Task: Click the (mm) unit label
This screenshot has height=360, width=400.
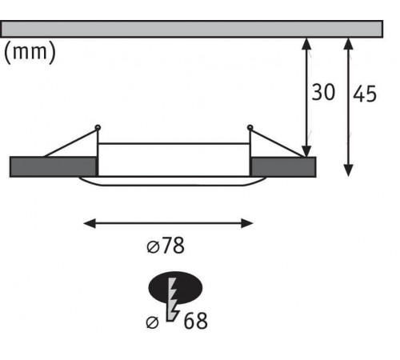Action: [30, 52]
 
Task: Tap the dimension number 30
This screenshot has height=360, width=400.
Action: [323, 92]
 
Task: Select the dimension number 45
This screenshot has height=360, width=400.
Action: [365, 94]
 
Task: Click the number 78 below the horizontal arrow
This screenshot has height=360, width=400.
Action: [173, 246]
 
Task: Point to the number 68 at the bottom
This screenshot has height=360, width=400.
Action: [195, 321]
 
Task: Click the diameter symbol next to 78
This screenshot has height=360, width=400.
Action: [154, 247]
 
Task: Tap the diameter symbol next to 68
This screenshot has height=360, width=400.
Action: [152, 322]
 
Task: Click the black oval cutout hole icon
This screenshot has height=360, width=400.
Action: [175, 288]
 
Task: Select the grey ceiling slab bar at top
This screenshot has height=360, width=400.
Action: [191, 29]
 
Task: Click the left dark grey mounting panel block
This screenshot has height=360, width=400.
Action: [53, 167]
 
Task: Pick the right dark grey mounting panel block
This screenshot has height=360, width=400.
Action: [284, 167]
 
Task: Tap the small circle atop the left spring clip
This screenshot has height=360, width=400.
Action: [98, 127]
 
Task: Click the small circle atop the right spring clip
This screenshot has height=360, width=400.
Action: [250, 127]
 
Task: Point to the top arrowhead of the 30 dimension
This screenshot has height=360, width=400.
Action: [306, 43]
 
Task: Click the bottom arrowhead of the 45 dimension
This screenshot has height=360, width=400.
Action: [349, 170]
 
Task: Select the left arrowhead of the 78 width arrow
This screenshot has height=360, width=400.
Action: [90, 223]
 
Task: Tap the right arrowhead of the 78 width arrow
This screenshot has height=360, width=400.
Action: [247, 223]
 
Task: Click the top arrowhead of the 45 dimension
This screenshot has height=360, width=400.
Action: [349, 44]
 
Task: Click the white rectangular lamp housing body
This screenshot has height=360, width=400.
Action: [174, 160]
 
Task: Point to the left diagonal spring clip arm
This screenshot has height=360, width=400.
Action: [70, 143]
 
